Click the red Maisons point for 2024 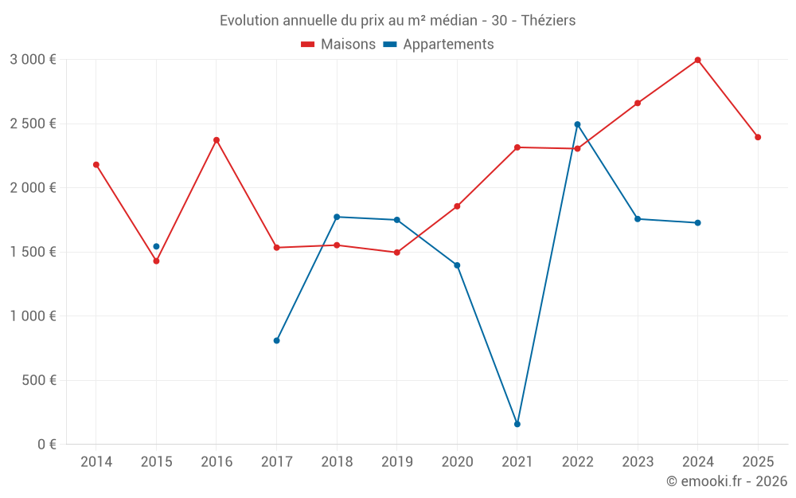tap(697, 60)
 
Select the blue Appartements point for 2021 tap(517, 424)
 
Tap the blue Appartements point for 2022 tap(577, 124)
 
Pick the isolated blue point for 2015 tap(156, 246)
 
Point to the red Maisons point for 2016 tap(217, 140)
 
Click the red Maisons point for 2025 tap(758, 137)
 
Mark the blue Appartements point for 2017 tap(276, 340)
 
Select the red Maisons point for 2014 tap(96, 165)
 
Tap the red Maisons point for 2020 tap(457, 206)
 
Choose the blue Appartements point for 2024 tap(697, 222)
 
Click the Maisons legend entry tap(338, 45)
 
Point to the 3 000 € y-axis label tap(33, 60)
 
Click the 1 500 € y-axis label tap(33, 252)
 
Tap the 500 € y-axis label tap(38, 380)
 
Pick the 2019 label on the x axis tap(396, 461)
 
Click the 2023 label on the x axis tap(638, 461)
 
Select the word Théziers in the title tap(548, 20)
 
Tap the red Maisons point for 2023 tap(638, 103)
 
